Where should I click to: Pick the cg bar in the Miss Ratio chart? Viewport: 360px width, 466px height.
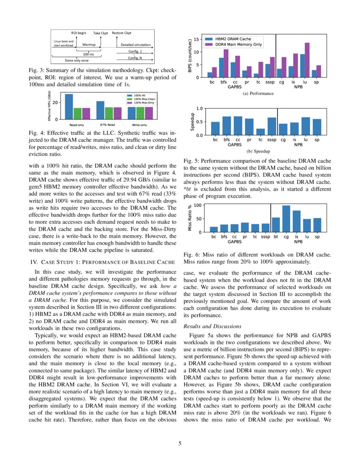pyautogui.click(x=286, y=219)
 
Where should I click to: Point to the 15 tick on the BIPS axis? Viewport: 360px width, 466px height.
pyautogui.click(x=195, y=39)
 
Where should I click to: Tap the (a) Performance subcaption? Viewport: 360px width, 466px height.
pyautogui.click(x=258, y=94)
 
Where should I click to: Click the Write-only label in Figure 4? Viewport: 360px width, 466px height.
pyautogui.click(x=139, y=125)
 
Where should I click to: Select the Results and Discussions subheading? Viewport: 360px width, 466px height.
pyautogui.click(x=213, y=326)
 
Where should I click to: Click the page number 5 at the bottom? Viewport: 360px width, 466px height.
pyautogui.click(x=180, y=443)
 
